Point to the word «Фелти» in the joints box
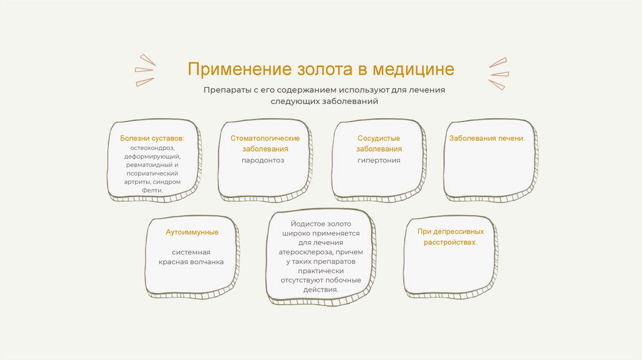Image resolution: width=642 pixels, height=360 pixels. tap(152, 190)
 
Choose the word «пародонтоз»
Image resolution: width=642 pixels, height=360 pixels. tap(263, 161)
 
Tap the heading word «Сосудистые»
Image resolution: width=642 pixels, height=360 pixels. tap(379, 138)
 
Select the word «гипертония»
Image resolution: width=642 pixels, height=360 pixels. tap(379, 161)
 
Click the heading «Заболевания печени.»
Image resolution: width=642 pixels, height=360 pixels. tap(487, 138)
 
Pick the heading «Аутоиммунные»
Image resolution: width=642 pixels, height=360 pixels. tap(192, 233)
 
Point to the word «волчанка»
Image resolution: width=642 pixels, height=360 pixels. tap(207, 262)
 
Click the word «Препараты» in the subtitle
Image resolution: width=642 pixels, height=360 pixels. tap(226, 90)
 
